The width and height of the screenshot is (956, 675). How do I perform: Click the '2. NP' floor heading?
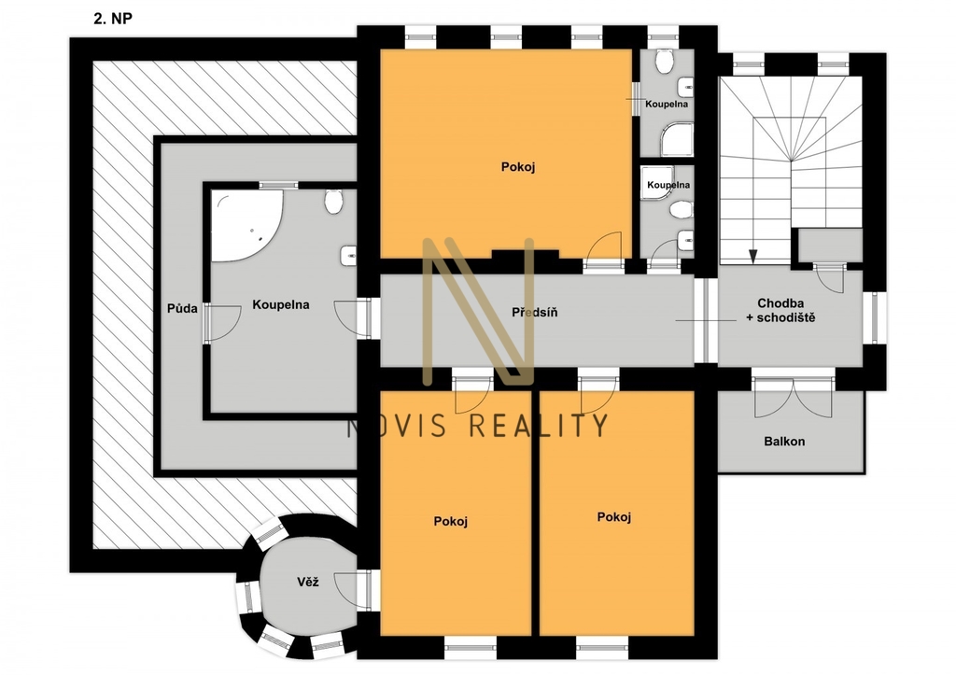coord(113,19)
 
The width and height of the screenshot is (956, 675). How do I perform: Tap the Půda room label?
coord(182,308)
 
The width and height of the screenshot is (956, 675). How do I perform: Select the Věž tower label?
coord(308,582)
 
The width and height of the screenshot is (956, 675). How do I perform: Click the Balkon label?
coord(784,441)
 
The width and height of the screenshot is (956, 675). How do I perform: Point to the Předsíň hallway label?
coord(535,312)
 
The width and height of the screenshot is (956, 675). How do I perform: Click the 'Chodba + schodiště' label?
coord(780,310)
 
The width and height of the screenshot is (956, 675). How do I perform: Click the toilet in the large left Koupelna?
coord(333,202)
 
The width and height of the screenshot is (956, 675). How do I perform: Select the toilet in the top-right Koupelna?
coord(664,60)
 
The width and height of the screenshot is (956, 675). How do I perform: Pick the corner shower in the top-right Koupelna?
coord(678,138)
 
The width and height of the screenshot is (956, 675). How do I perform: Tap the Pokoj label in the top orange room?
coord(518,166)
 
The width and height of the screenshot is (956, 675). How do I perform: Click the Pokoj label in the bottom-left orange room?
coord(451,521)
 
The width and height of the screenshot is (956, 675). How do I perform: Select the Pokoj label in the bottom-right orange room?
coord(614,517)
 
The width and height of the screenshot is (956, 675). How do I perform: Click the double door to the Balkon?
coord(793,398)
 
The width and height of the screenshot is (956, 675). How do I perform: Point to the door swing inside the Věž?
coord(351,590)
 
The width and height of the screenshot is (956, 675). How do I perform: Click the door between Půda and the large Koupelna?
coord(222,322)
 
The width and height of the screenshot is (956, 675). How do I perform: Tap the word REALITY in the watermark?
coord(541,425)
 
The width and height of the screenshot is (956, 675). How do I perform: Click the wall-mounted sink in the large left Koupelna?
coord(348,256)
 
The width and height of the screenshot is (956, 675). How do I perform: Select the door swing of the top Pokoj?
coord(604,249)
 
